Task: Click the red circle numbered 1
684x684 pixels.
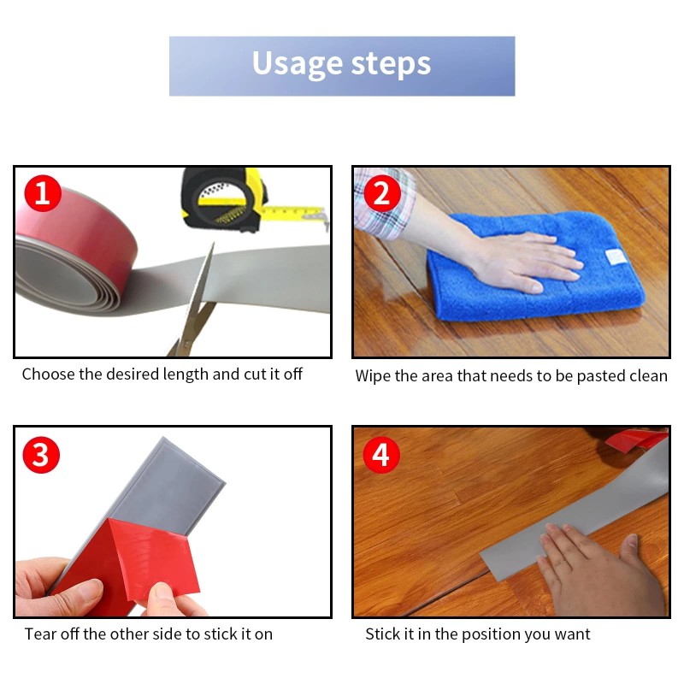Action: click(x=43, y=193)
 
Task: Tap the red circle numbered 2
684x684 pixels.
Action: click(x=381, y=193)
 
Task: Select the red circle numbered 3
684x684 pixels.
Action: click(x=41, y=455)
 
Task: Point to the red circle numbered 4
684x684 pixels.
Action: click(x=381, y=455)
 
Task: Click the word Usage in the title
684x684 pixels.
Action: click(x=298, y=63)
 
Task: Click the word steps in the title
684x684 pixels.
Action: click(x=391, y=65)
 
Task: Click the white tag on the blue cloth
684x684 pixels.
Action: click(x=616, y=256)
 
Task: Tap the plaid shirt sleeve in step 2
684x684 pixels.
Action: click(x=384, y=203)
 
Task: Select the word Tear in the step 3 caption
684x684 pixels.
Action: click(x=40, y=634)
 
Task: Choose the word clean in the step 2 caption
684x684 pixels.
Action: click(x=647, y=376)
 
